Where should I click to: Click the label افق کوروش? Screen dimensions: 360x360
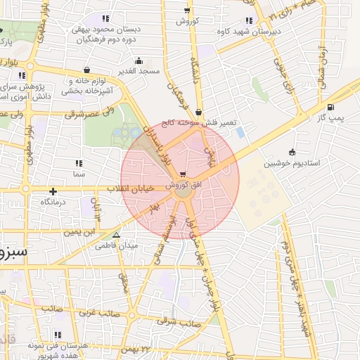183,184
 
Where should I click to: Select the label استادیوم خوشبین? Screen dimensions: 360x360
292,163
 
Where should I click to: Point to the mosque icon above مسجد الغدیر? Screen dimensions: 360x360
139,60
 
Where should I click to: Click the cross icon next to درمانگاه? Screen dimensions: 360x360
53,191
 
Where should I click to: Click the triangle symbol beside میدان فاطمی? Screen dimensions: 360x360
117,236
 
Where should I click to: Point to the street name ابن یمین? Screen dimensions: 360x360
80,231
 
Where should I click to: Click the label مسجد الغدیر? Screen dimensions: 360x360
139,71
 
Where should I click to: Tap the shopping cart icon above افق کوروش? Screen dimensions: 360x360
184,174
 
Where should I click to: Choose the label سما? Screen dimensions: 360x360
78,173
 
